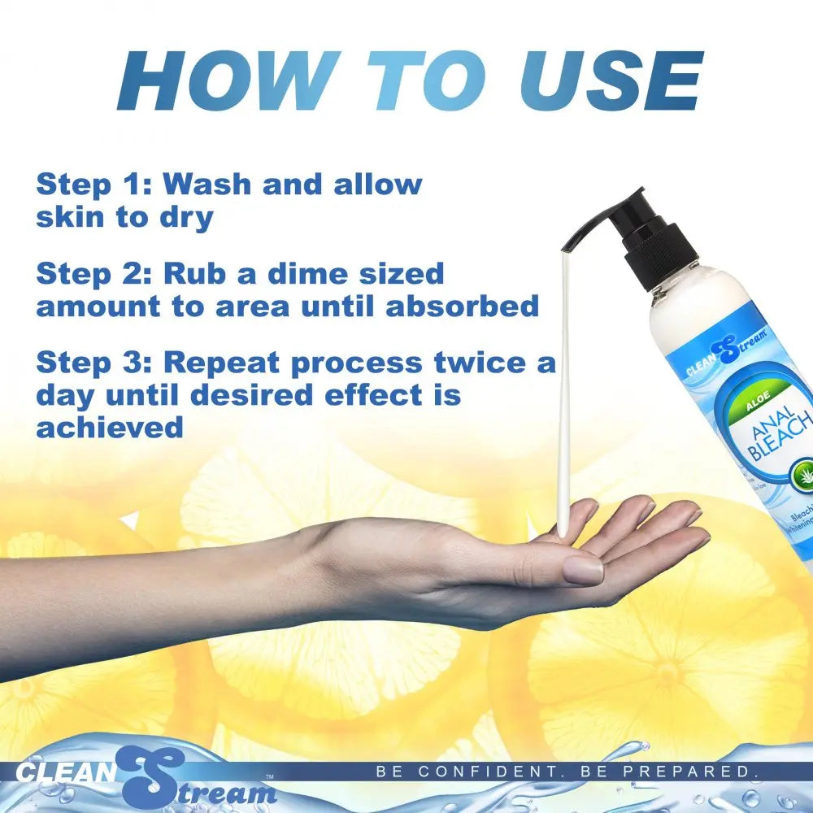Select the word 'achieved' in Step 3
pos(110,427)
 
